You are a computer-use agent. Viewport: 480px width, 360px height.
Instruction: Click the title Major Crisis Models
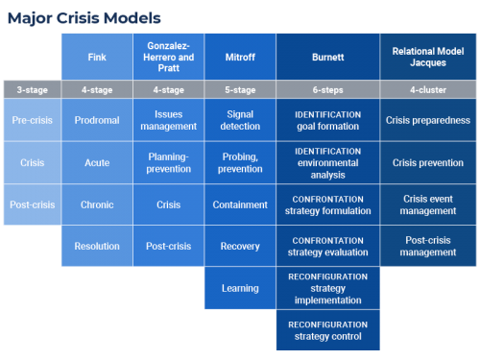point(82,17)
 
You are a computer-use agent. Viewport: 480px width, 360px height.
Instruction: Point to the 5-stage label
point(239,88)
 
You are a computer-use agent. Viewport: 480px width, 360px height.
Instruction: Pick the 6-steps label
point(328,88)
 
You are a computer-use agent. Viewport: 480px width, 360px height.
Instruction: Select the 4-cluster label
point(428,88)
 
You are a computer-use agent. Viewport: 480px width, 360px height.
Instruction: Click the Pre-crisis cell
point(32,121)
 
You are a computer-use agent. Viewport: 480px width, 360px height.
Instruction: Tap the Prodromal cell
point(96,121)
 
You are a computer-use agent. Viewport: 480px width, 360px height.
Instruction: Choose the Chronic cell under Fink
point(96,204)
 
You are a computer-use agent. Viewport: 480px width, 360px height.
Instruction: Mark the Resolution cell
point(96,247)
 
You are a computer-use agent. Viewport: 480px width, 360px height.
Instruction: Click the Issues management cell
point(168,121)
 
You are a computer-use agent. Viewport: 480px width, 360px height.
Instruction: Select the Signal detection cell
point(239,121)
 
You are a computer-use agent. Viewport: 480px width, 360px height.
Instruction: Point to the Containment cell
point(239,204)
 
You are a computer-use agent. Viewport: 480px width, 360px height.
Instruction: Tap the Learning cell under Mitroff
point(239,288)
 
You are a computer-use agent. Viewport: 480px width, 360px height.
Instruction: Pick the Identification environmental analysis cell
point(328,163)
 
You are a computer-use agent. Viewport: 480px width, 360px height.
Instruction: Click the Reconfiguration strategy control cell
point(328,330)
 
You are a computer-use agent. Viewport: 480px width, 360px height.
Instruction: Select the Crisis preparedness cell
point(428,121)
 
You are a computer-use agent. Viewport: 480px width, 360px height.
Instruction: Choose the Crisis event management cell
point(428,204)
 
